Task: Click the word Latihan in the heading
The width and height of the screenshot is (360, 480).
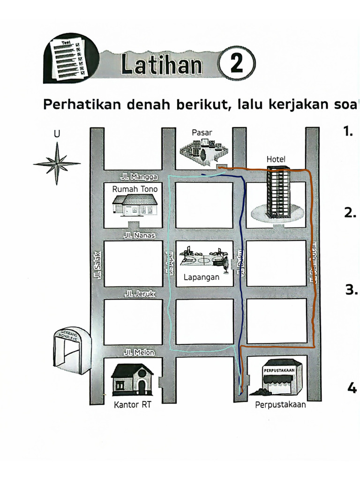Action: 162,65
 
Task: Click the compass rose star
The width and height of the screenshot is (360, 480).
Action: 57,164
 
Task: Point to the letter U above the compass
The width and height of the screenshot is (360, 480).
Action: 57,134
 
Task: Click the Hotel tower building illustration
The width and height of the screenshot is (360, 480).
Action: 278,193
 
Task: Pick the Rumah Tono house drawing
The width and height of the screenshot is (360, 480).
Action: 135,205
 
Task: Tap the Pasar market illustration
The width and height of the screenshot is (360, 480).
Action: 204,151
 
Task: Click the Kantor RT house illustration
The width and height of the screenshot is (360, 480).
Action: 132,379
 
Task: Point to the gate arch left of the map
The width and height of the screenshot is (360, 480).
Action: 70,350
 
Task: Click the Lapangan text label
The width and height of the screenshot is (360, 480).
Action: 201,277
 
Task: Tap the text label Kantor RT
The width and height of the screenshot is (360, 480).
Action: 133,405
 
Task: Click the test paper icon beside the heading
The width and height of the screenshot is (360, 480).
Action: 68,60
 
